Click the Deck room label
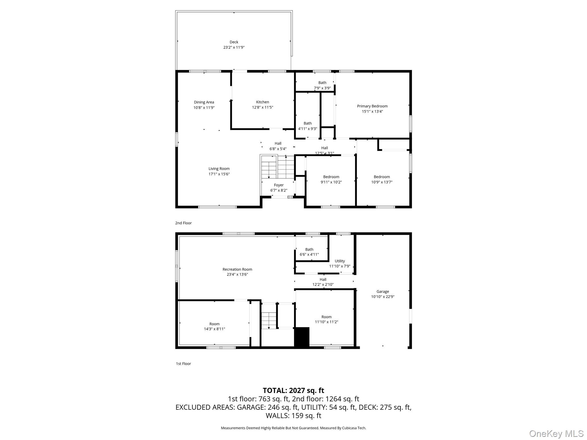point(234,42)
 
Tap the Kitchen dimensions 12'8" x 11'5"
point(263,107)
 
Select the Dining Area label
point(204,102)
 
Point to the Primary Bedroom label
point(372,106)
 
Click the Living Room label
point(219,169)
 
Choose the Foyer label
point(279,185)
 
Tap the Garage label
point(383,292)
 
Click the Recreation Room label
point(237,269)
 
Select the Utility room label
point(340,261)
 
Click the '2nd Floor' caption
point(183,223)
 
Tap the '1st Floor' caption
point(183,364)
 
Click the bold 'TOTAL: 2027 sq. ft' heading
point(293,390)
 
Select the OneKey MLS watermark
point(556,434)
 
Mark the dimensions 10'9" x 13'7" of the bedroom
point(382,182)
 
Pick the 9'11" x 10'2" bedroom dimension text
point(331,182)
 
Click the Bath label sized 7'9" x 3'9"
point(322,83)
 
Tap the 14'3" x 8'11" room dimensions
point(214,329)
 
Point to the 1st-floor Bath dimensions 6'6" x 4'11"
point(309,254)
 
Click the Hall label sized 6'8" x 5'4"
point(278,144)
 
